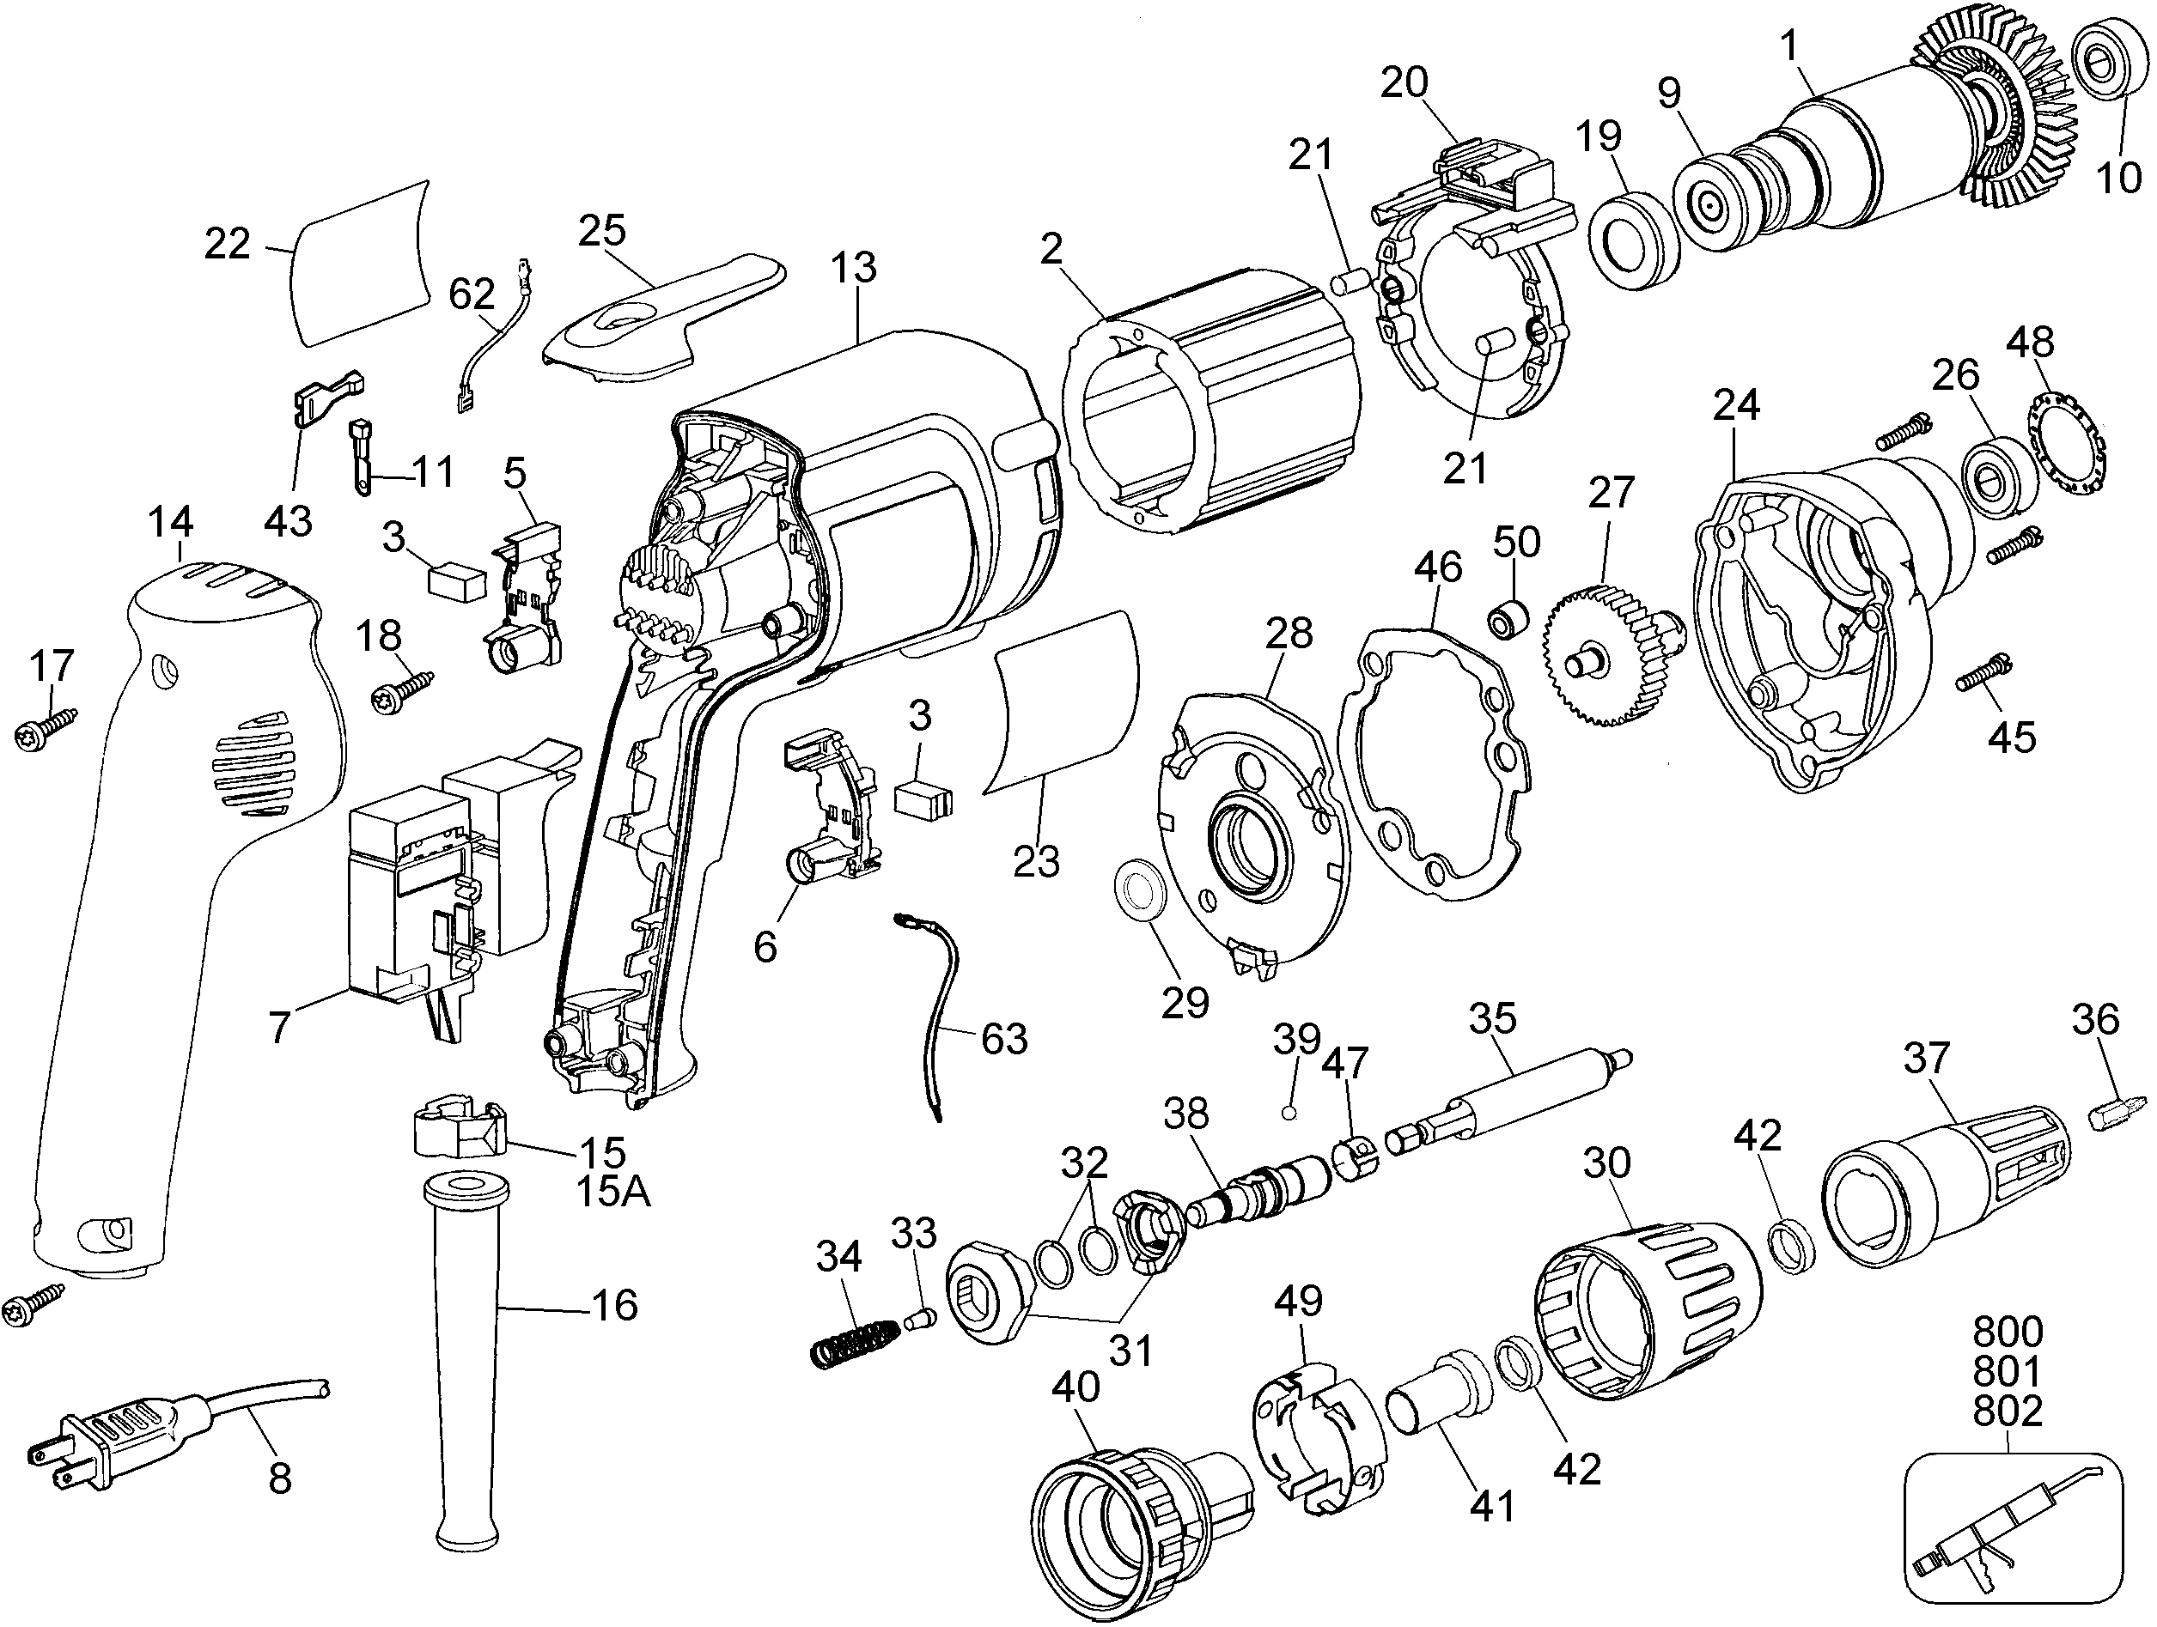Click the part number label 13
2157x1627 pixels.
853,267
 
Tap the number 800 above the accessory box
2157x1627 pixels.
2007,1332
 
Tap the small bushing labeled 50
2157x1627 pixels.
1506,619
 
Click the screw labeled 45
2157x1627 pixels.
1982,671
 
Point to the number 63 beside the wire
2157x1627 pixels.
1003,1038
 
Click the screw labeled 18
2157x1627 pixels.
403,689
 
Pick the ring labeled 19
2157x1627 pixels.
1633,240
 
